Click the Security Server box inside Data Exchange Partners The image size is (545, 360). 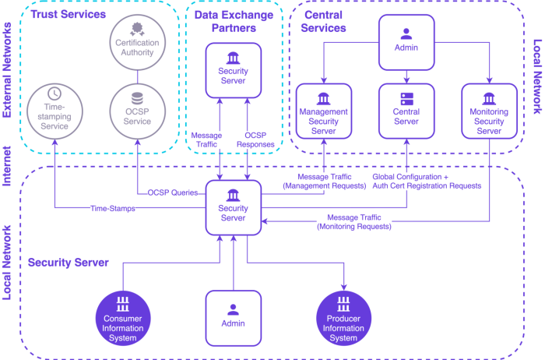click(233, 70)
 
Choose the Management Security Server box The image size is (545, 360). click(324, 111)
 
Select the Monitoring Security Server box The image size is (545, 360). click(489, 111)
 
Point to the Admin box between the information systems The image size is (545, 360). click(234, 317)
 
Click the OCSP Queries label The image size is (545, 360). click(172, 192)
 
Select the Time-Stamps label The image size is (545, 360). click(113, 208)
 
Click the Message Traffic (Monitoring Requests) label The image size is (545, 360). click(353, 221)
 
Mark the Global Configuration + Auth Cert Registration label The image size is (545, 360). click(427, 182)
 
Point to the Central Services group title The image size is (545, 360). click(324, 21)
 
